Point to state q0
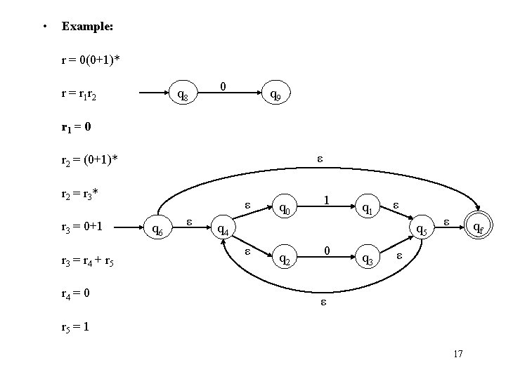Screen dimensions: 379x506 point(285,208)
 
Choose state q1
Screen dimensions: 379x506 point(367,208)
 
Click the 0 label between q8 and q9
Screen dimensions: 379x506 point(222,86)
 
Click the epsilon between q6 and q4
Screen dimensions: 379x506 point(189,222)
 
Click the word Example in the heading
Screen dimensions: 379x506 point(88,27)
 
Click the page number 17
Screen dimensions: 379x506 point(458,354)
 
